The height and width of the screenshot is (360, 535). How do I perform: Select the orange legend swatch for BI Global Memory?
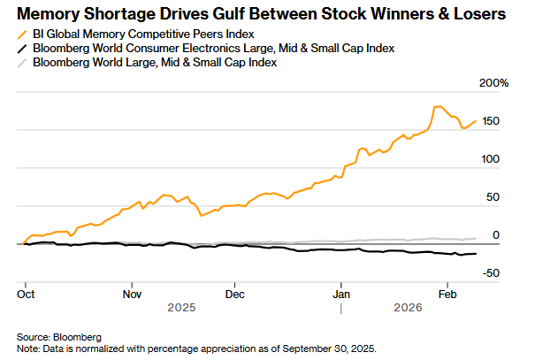21,33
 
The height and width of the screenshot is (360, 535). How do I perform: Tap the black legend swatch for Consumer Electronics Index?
21,48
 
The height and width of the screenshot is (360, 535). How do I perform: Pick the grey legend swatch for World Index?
21,63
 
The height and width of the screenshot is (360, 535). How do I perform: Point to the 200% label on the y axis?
493,82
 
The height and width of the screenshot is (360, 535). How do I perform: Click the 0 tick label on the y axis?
496,235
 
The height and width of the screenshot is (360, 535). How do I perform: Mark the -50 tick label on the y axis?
491,273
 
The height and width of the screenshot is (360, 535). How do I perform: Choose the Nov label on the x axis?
132,293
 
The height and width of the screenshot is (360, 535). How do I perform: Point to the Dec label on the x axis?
234,293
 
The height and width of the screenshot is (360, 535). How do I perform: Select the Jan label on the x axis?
340,293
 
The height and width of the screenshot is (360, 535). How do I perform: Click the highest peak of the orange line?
437,106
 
